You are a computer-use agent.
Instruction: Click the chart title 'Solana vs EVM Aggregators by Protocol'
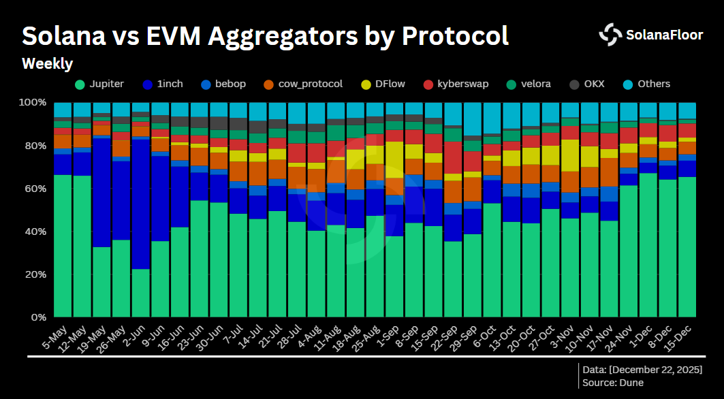click(x=266, y=35)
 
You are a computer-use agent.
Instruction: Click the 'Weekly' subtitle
click(x=47, y=64)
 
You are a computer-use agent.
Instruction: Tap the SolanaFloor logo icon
click(x=610, y=34)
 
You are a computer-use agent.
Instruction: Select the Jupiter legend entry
click(x=99, y=84)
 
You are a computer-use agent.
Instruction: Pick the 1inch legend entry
click(x=164, y=84)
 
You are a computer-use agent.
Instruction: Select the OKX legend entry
click(x=586, y=84)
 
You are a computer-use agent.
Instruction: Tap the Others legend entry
click(x=646, y=84)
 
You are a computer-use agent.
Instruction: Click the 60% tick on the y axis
click(x=35, y=189)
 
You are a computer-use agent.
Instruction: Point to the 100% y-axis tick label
click(x=33, y=103)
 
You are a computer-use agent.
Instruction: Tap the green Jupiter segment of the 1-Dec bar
click(x=648, y=245)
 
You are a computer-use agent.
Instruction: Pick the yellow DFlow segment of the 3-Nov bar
click(x=570, y=155)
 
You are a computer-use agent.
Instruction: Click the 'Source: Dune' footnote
click(x=613, y=383)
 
